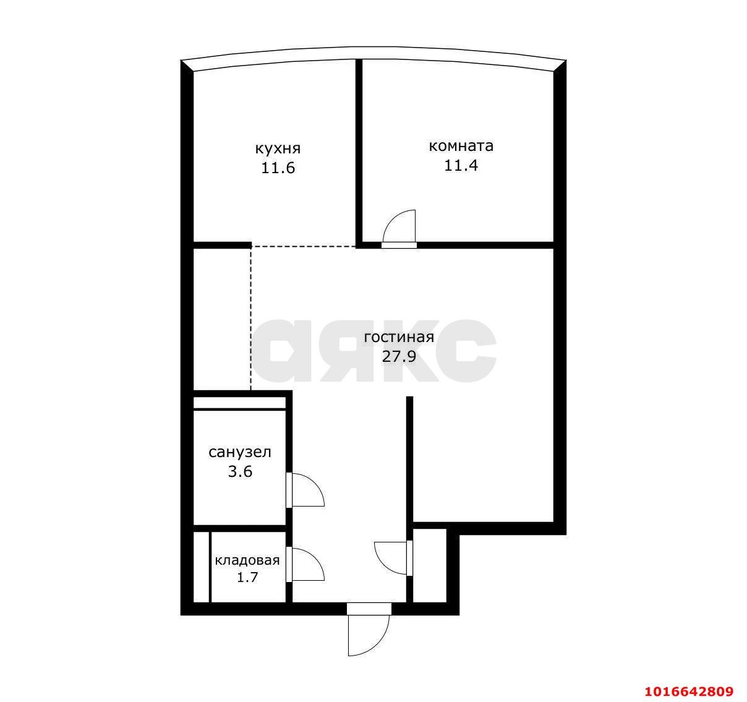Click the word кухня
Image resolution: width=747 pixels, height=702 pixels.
278,149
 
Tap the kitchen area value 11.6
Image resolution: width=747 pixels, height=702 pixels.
278,168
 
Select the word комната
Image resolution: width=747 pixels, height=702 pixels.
461,147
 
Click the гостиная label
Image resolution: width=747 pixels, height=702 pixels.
399,338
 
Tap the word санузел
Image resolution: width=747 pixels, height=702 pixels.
240,453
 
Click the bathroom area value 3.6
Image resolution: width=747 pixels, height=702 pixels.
240,472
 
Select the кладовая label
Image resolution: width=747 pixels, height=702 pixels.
247,561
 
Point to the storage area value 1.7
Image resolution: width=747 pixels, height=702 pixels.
247,578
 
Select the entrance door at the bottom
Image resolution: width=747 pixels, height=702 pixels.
369,631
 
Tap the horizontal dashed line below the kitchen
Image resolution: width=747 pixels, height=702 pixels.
303,246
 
